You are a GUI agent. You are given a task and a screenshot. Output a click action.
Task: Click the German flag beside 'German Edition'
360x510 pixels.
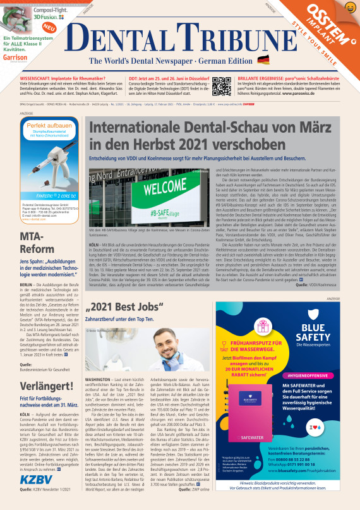263,60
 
